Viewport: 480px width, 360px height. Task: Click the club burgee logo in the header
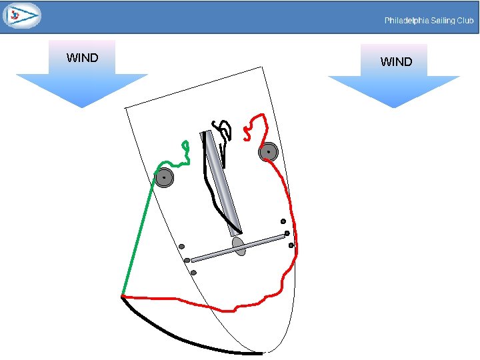21,15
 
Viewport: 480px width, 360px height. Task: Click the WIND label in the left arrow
82,58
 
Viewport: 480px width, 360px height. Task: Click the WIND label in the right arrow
396,62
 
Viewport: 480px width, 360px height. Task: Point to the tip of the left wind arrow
81,107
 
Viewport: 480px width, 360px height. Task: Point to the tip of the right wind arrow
394,107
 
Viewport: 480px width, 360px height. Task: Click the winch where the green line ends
163,177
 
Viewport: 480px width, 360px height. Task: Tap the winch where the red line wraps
268,152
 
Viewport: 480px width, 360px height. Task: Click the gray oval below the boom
238,246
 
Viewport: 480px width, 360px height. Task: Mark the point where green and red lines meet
122,295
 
